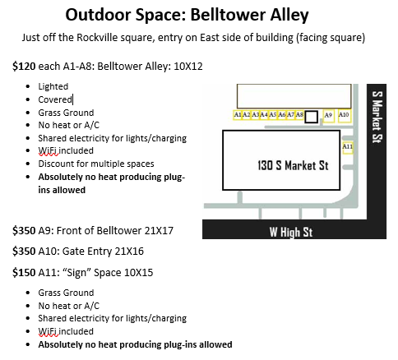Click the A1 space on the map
[237, 115]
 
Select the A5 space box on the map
[272, 115]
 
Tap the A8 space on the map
[299, 115]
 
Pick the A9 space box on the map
[328, 116]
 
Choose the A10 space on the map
[345, 116]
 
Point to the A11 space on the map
[348, 148]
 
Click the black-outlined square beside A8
[312, 117]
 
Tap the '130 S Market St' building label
[293, 165]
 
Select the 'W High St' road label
[291, 232]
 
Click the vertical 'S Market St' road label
[377, 117]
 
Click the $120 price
[24, 67]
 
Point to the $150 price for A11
[24, 273]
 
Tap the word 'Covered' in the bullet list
[55, 99]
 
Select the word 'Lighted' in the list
[53, 86]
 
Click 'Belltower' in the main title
[228, 15]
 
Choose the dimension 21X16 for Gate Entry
[129, 252]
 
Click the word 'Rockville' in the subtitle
[95, 38]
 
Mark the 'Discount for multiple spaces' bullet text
[96, 164]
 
